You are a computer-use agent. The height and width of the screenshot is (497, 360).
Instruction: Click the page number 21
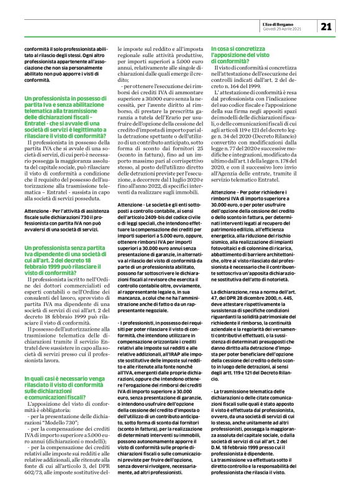pyautogui.click(x=327, y=26)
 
